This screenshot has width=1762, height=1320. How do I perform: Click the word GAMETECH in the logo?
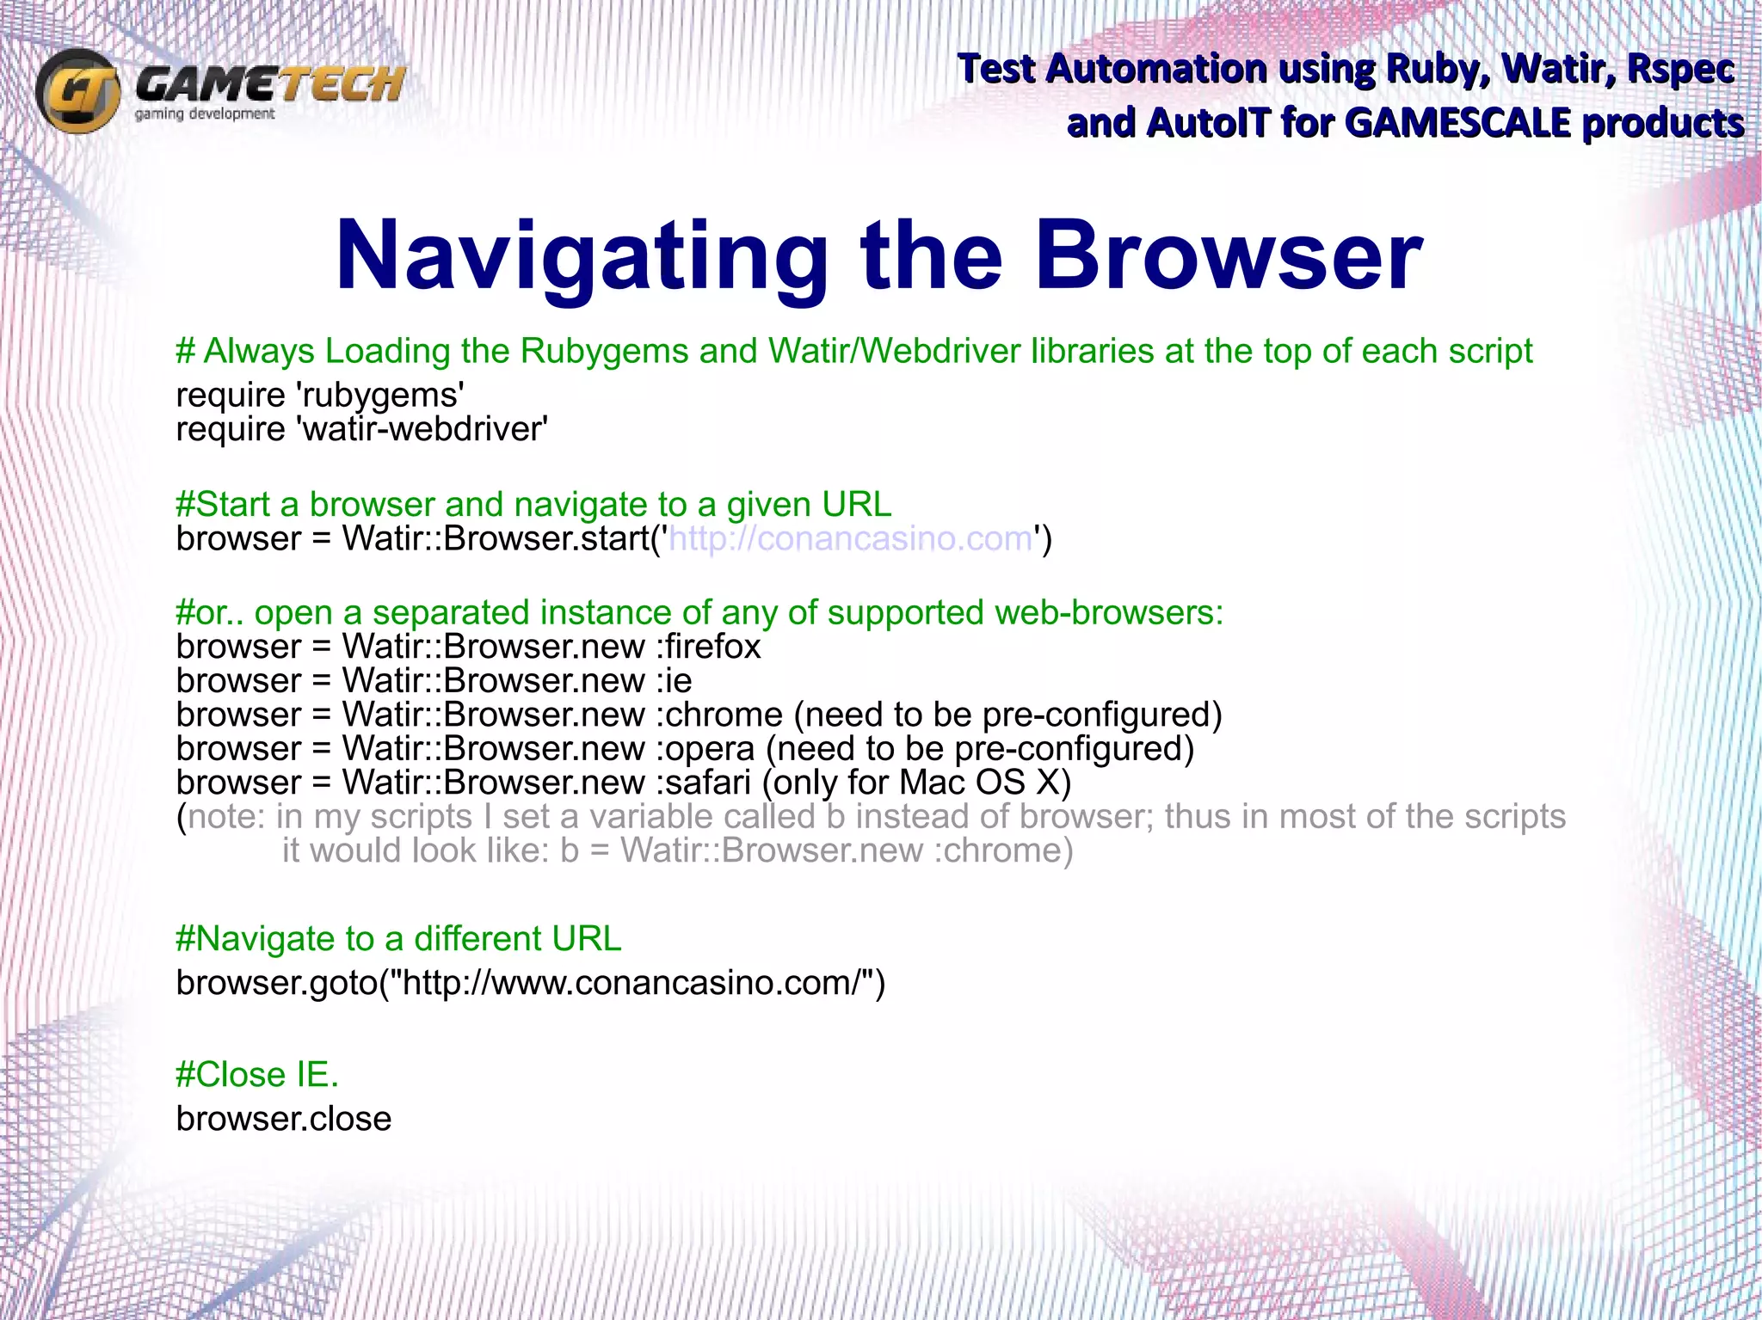click(269, 84)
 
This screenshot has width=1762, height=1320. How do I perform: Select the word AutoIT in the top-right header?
click(1208, 123)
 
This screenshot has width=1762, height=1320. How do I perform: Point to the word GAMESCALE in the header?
click(1457, 123)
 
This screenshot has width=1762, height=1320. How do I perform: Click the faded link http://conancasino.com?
click(850, 539)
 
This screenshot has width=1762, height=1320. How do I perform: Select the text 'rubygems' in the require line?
click(379, 396)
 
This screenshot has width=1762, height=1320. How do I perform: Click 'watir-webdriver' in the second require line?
click(422, 429)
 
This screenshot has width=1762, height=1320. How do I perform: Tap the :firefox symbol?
click(709, 647)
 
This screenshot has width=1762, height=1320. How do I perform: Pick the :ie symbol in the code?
click(675, 681)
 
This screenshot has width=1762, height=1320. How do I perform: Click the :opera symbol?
click(705, 749)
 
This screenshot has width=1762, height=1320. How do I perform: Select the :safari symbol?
click(704, 783)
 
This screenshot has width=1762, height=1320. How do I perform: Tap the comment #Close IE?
click(257, 1075)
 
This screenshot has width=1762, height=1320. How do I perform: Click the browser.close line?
click(284, 1119)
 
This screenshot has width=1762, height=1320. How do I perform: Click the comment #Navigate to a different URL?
click(397, 939)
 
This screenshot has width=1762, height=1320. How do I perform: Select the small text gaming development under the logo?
click(205, 114)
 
